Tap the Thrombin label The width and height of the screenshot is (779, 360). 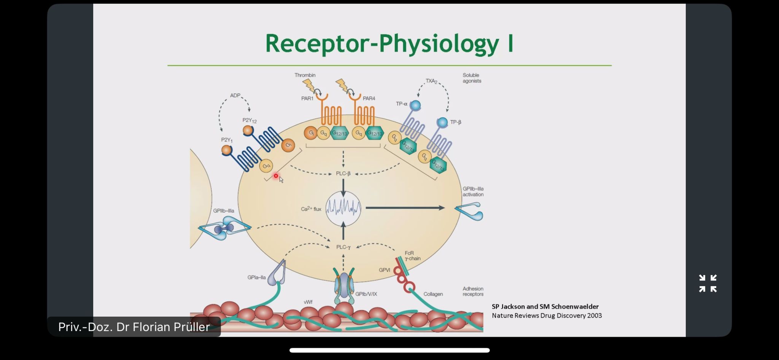point(305,75)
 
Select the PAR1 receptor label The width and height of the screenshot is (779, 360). point(307,99)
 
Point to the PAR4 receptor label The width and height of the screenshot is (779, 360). point(369,99)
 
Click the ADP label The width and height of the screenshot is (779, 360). point(235,96)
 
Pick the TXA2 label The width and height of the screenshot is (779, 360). point(431,81)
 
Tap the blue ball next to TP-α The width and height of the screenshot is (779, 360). point(415,105)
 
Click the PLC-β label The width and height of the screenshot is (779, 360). point(343,174)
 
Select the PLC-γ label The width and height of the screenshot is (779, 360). point(343,247)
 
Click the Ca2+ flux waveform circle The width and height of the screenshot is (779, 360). point(343,209)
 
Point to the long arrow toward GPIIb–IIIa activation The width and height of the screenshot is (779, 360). point(405,208)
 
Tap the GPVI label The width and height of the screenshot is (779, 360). point(385,270)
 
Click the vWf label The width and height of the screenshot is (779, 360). point(308,302)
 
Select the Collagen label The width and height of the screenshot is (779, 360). point(433,294)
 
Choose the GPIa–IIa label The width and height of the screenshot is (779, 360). point(256,277)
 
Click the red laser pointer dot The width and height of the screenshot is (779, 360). point(276,176)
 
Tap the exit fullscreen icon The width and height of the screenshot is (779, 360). point(707,284)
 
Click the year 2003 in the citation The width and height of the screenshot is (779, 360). point(594,315)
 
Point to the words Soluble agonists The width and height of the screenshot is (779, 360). point(472,78)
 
